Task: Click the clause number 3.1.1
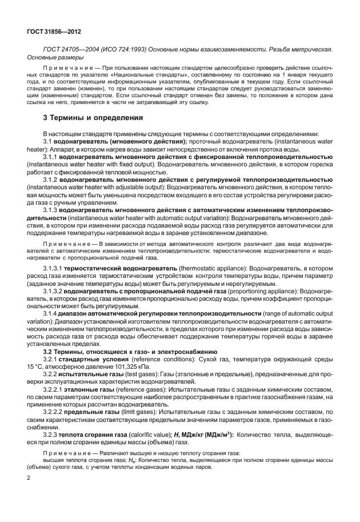(52, 156)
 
